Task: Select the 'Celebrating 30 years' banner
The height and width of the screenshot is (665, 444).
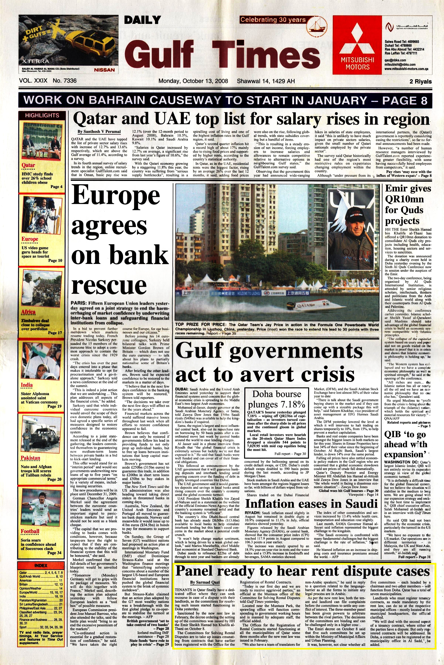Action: tap(273, 20)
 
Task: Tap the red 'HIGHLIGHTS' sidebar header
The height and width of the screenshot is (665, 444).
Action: tap(42, 115)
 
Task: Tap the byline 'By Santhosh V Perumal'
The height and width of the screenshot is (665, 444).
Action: tap(99, 132)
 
